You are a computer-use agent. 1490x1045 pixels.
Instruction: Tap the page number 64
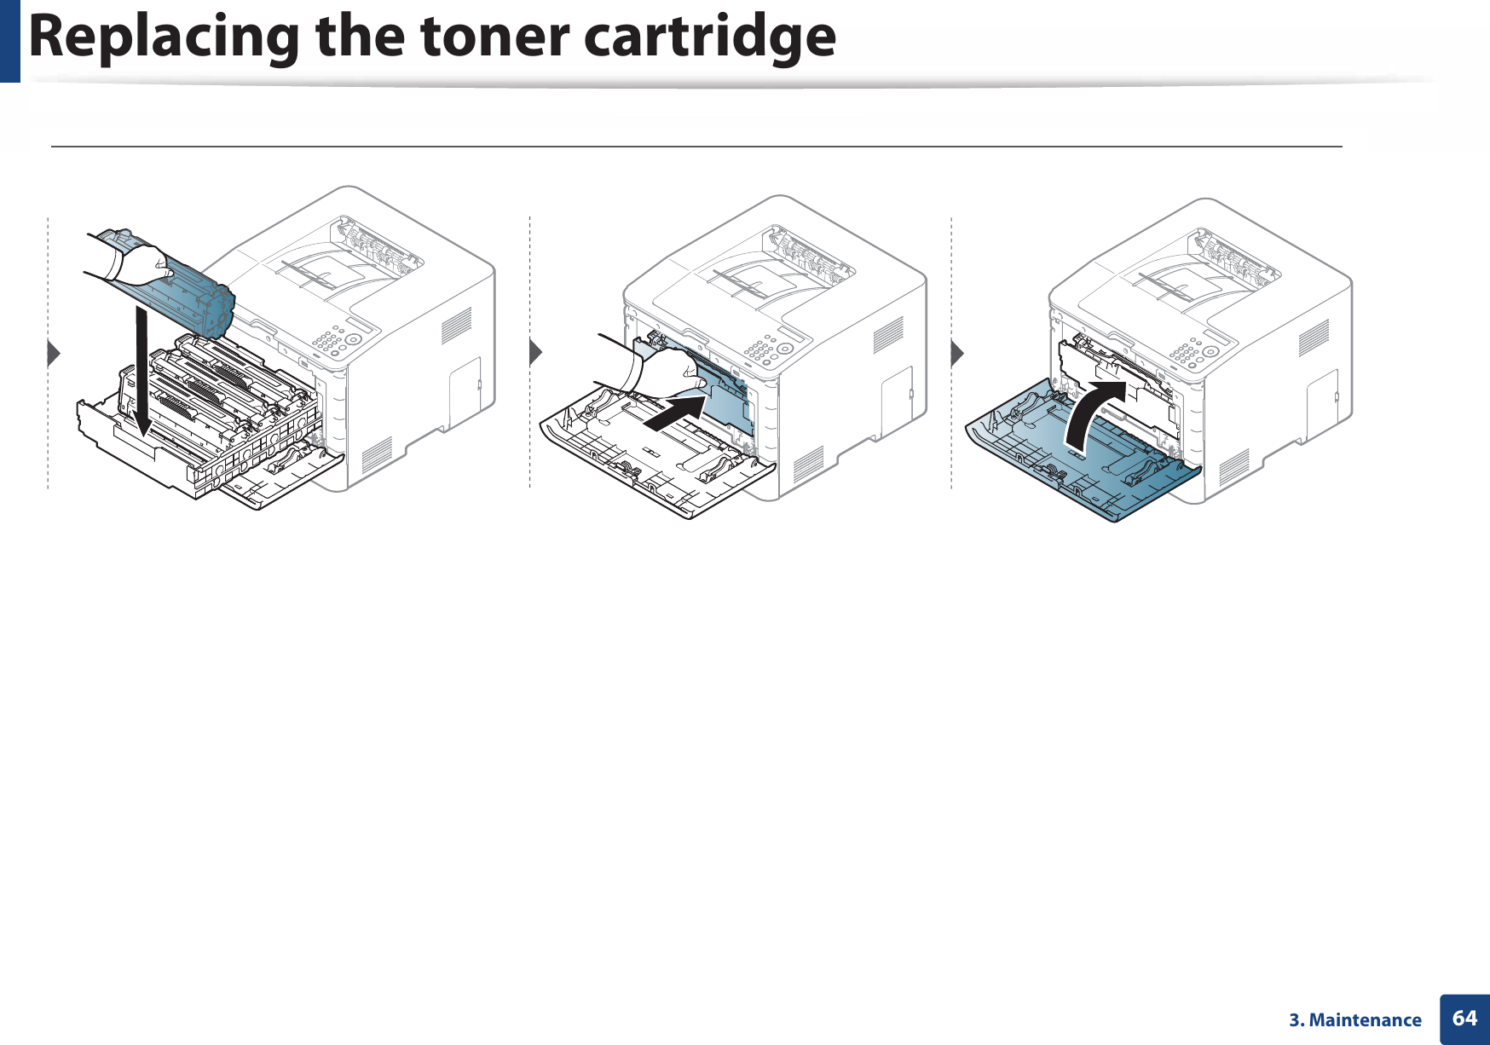(1464, 1019)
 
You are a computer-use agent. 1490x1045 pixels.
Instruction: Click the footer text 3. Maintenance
(1354, 1020)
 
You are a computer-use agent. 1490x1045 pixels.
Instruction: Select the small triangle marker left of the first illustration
(54, 352)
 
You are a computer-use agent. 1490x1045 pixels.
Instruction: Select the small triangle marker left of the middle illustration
(535, 351)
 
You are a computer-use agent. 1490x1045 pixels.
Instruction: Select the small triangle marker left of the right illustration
(957, 352)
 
